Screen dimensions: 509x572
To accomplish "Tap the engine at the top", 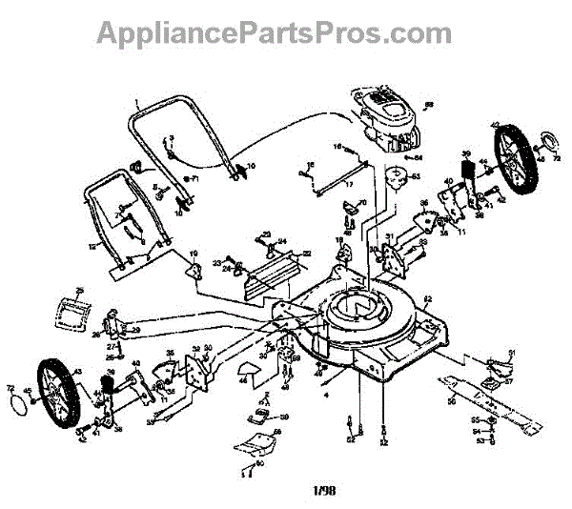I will tap(381, 119).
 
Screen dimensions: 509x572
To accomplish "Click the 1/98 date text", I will tap(323, 492).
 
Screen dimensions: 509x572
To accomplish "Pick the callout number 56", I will tap(451, 403).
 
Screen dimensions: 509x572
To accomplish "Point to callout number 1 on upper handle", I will tap(136, 103).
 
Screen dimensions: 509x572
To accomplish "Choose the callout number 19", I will tap(193, 254).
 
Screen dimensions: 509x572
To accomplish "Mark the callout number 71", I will tap(194, 179).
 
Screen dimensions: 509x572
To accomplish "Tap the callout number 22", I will tap(307, 254).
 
